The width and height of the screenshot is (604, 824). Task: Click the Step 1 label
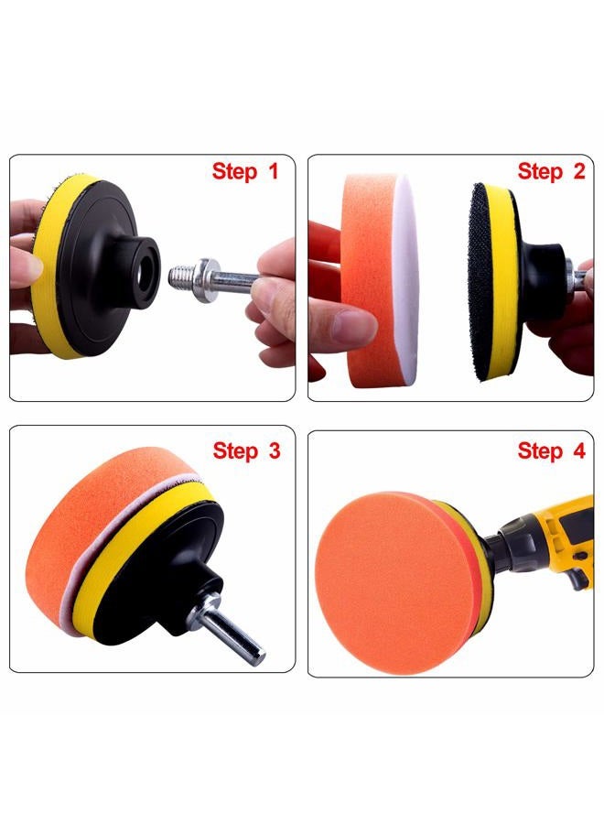(244, 172)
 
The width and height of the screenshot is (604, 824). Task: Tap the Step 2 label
(551, 172)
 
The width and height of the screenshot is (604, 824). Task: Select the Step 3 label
(246, 450)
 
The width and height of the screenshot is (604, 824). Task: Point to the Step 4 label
(551, 450)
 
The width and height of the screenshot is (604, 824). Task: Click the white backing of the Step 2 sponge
(408, 280)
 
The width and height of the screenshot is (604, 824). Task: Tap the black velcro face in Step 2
(479, 282)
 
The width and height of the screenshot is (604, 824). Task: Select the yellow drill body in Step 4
(566, 536)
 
